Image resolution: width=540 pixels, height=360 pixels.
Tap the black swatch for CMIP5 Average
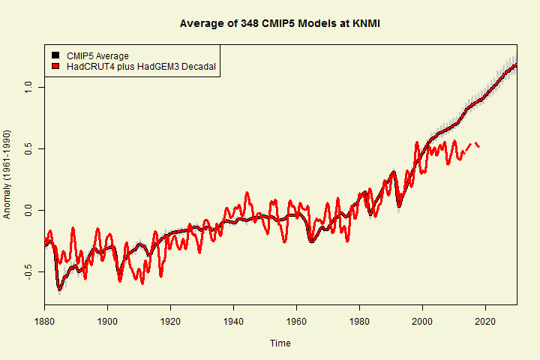coord(55,56)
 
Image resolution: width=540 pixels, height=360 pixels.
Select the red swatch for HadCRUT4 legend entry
coord(55,67)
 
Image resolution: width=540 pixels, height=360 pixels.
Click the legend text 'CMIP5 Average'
coord(97,56)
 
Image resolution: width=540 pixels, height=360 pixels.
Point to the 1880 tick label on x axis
coord(44,320)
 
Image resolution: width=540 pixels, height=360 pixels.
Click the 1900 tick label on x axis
coord(107,320)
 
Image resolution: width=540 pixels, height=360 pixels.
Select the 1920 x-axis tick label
coord(170,320)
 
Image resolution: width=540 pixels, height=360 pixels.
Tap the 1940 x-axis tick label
coord(233,320)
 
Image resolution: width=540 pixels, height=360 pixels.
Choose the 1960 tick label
coord(296,320)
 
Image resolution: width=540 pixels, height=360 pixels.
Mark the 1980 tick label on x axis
coord(359,320)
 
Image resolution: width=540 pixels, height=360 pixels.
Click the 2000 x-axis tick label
coord(422,320)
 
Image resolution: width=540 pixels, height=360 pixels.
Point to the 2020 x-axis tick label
coord(485,320)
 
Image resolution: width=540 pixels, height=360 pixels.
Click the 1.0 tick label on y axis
coord(28,88)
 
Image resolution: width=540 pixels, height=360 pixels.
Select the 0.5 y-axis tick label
coord(28,149)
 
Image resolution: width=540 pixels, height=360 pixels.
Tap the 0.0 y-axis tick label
coord(28,211)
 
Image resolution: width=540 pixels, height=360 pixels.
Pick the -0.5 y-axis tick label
coord(28,271)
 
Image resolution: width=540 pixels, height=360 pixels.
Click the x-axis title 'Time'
coord(280,343)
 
